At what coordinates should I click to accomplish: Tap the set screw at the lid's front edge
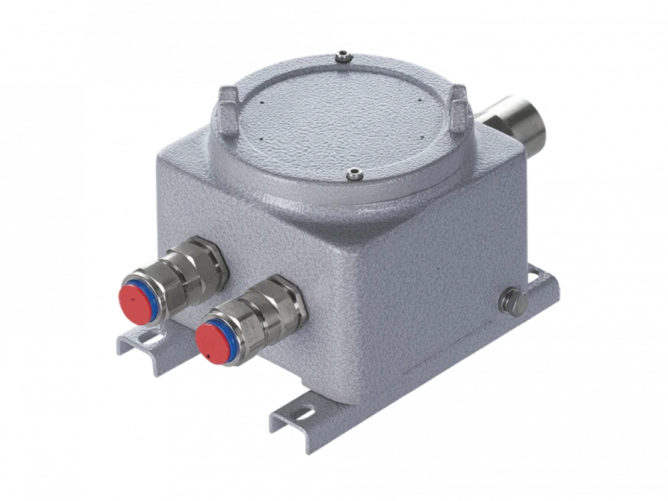pyautogui.click(x=354, y=175)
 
